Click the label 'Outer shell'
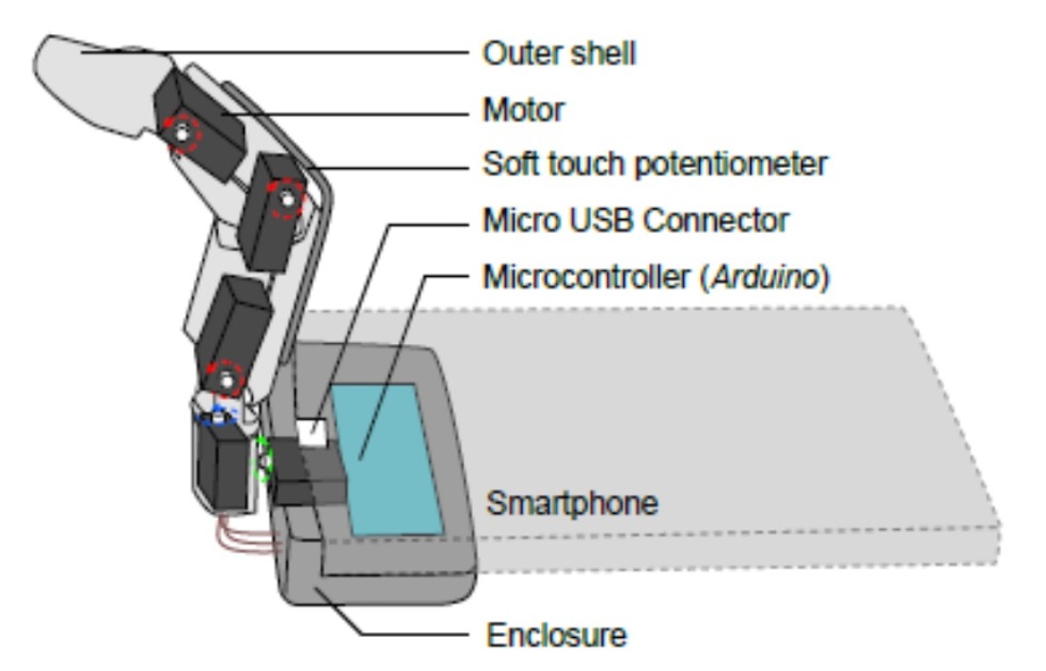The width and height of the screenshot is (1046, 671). click(559, 54)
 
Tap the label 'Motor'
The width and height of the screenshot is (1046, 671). click(523, 110)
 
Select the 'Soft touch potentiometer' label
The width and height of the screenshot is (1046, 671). click(655, 164)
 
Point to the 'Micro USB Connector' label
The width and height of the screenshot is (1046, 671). click(636, 221)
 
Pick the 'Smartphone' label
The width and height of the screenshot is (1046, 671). click(571, 502)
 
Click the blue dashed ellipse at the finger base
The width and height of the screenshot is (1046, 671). click(216, 416)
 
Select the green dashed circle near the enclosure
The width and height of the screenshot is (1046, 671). click(264, 459)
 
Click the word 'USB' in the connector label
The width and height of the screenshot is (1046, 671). click(604, 221)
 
